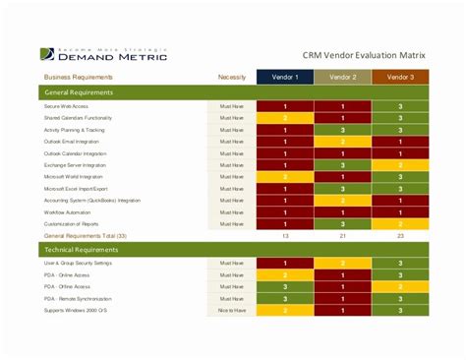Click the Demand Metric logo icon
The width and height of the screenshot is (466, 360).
[47, 55]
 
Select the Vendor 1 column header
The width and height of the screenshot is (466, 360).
[285, 77]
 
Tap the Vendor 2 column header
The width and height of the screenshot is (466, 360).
[343, 77]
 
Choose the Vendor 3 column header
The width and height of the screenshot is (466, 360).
[400, 77]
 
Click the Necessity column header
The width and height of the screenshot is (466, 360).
[231, 77]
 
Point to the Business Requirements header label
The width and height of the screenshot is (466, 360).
[78, 77]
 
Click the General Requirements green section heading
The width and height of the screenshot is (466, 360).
[80, 92]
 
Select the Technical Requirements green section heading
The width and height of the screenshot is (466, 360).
[84, 251]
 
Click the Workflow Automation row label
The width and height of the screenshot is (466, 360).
[68, 212]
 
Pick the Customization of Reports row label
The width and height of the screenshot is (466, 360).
[72, 224]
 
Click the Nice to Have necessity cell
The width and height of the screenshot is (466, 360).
[231, 310]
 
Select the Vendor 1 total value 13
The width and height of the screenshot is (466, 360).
[285, 237]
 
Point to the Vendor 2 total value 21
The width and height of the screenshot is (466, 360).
[343, 237]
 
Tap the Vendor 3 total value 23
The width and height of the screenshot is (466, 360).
[400, 237]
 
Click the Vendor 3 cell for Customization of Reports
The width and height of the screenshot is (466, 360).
[400, 224]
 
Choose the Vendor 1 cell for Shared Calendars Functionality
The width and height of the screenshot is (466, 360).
[285, 117]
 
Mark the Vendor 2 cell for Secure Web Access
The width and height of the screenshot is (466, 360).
[343, 105]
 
